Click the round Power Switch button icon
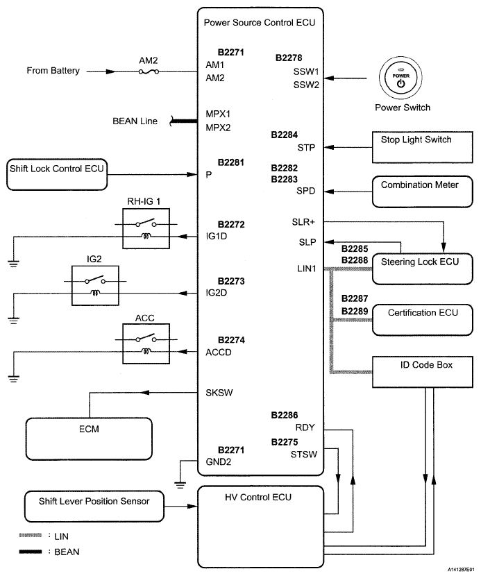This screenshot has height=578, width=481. [x=400, y=78]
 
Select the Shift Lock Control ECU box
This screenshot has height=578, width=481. [x=56, y=175]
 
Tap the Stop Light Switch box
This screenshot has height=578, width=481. [x=416, y=147]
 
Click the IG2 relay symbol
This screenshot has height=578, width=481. [x=95, y=286]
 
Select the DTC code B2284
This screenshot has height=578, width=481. [x=285, y=135]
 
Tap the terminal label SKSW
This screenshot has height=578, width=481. [x=219, y=393]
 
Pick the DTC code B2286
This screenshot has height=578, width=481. [x=285, y=415]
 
